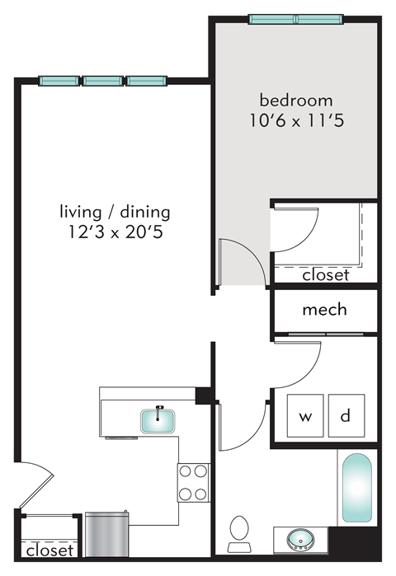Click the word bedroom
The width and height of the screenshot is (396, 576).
click(296, 101)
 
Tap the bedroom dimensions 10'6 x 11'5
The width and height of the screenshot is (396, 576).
click(296, 122)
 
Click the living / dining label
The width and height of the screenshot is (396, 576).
click(115, 211)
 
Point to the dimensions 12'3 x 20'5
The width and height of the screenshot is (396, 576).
click(115, 232)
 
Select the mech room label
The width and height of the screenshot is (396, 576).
click(324, 310)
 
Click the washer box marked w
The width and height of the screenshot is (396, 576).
click(305, 416)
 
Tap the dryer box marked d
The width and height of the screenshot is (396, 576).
click(346, 416)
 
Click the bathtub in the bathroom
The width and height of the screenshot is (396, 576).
click(356, 489)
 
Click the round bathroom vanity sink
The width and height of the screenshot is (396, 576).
click(299, 541)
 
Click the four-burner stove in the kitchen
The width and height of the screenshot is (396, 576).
click(193, 483)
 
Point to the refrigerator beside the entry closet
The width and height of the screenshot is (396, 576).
click(106, 533)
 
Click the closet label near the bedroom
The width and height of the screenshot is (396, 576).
click(325, 275)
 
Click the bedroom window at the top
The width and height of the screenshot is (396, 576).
click(296, 19)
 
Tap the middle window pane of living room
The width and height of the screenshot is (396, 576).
click(103, 81)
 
